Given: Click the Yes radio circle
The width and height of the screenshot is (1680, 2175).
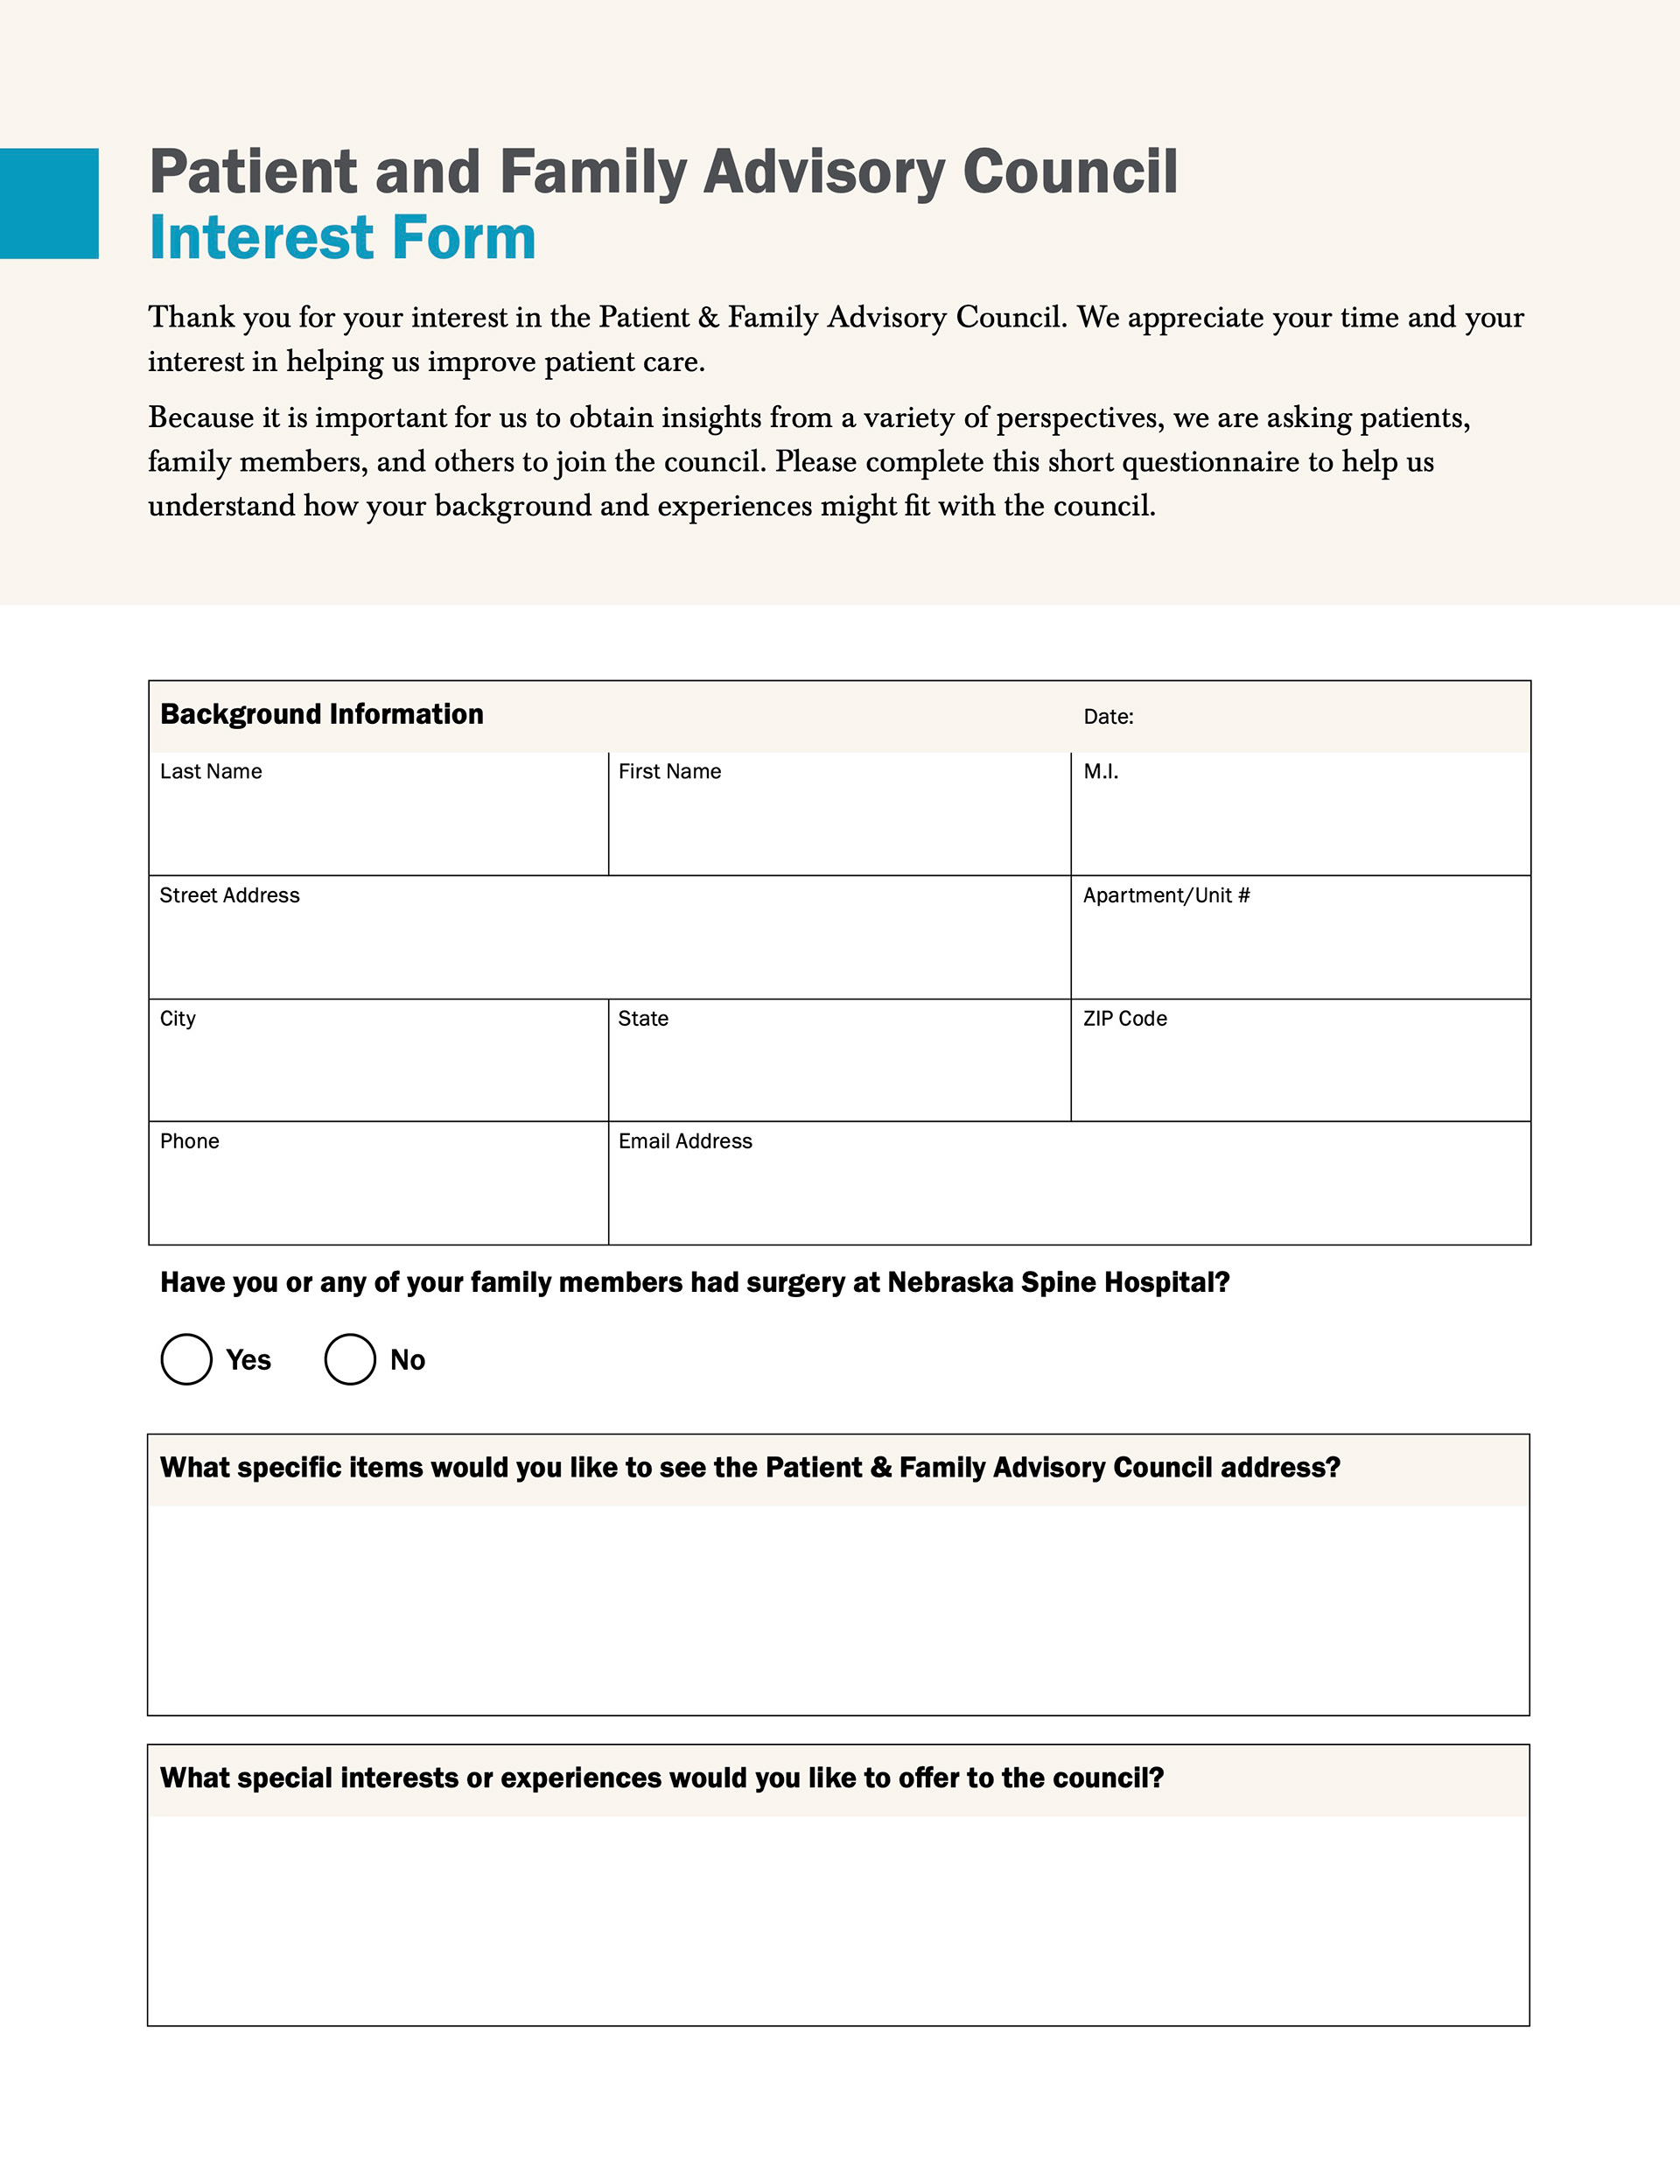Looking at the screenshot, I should tap(186, 1359).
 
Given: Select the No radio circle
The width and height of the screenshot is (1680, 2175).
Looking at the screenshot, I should tap(349, 1359).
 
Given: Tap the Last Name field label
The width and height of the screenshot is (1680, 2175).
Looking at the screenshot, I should tap(211, 772).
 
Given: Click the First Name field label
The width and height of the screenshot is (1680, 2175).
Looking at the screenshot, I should tap(669, 772).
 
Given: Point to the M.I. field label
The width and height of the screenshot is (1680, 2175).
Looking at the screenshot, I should tap(1101, 772).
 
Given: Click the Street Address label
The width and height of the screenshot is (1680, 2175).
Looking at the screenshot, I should tap(229, 895).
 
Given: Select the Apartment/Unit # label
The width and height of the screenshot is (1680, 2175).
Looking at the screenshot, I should tap(1166, 895).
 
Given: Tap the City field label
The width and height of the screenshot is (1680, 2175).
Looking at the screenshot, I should tap(178, 1019).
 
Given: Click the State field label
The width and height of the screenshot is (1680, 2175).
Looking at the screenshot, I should tap(642, 1019).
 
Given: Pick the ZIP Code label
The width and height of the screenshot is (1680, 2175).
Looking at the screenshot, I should tap(1124, 1019).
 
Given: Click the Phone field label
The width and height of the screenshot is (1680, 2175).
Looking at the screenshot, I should tap(189, 1141).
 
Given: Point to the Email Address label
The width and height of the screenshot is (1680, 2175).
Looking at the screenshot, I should tap(685, 1141).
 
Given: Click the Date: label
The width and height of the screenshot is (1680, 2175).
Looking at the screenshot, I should tap(1108, 717).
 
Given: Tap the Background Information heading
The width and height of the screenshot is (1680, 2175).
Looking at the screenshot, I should tap(322, 714).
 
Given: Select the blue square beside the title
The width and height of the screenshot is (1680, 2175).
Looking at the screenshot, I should tap(49, 203).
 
